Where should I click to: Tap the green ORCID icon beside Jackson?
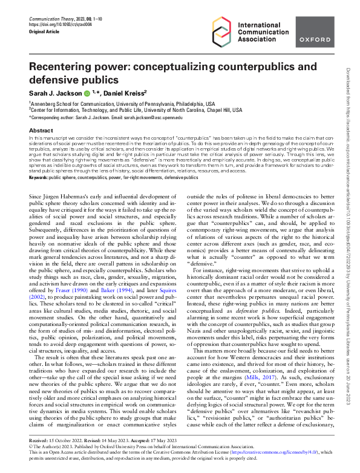point(87,93)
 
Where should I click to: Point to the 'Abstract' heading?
point(41,130)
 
